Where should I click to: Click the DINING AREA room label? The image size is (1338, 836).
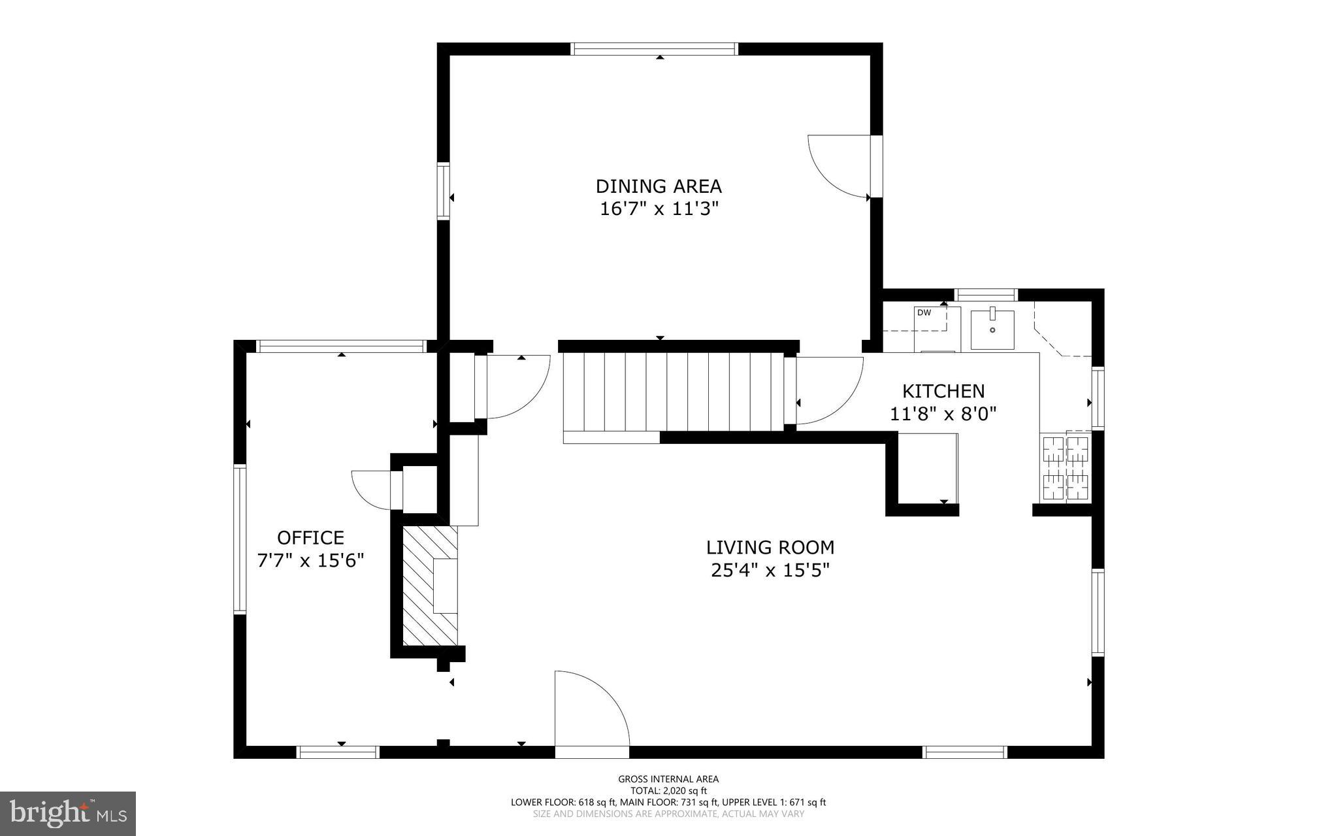point(659,186)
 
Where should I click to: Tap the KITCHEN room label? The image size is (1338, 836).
point(943,391)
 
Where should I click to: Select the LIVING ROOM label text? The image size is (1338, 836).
point(770,547)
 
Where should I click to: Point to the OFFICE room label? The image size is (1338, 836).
point(310,537)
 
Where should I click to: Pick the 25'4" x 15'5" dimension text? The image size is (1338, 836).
point(770,570)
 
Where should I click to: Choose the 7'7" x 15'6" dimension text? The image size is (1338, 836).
point(310,560)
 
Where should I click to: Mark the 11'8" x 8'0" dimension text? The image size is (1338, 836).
point(943,414)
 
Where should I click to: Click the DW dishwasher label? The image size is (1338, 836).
point(924,312)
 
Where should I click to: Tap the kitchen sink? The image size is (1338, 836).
point(992,329)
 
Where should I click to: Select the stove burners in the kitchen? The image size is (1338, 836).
point(1066,469)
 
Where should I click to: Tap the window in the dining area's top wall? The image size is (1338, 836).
point(654,48)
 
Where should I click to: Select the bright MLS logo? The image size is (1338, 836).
point(68,813)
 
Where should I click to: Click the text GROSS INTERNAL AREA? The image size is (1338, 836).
point(668,778)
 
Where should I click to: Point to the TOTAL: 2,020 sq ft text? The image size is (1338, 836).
point(668,790)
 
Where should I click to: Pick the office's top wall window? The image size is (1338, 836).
point(341,346)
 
